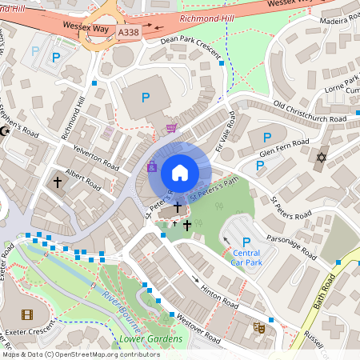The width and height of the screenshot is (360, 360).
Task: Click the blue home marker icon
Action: [x=180, y=172]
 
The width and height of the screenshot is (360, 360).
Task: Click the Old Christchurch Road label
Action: [x=310, y=111]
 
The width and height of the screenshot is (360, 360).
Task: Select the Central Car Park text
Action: [x=247, y=257]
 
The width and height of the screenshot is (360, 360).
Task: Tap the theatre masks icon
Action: [x=259, y=327]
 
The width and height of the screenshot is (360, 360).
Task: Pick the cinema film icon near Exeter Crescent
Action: [x=29, y=314]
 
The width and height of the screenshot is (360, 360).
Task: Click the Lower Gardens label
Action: [x=150, y=339]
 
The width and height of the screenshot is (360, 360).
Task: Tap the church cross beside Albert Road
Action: [x=58, y=182]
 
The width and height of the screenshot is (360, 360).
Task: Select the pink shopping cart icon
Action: [x=170, y=127]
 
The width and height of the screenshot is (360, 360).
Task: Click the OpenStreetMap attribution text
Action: [x=81, y=354]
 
